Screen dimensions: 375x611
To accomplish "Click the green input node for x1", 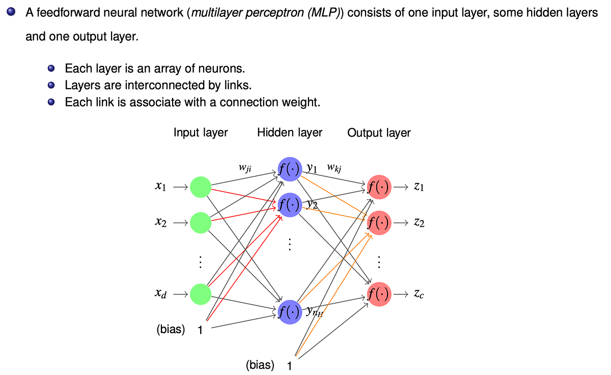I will (201, 187).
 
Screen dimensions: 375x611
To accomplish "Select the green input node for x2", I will (201, 223).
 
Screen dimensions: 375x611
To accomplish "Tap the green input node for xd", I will (201, 294).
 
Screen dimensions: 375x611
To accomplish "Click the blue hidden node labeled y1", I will (289, 169).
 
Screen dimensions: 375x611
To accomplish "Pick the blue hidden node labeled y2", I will (289, 205).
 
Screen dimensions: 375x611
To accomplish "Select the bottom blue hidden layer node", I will (289, 312).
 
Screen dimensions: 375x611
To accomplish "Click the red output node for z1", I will (378, 187).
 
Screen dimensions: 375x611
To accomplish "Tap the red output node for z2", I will (378, 223).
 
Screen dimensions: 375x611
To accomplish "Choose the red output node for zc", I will (378, 294).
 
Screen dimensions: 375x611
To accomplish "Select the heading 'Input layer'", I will (201, 132).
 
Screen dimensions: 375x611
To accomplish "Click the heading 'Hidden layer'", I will (290, 132).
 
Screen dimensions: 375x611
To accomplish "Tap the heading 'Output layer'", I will (379, 133).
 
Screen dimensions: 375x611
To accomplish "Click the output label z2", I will (420, 223).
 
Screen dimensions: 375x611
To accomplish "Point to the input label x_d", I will (160, 294).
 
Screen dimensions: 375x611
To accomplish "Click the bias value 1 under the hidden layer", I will (289, 366).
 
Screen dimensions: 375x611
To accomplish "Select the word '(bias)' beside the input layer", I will (171, 329).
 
